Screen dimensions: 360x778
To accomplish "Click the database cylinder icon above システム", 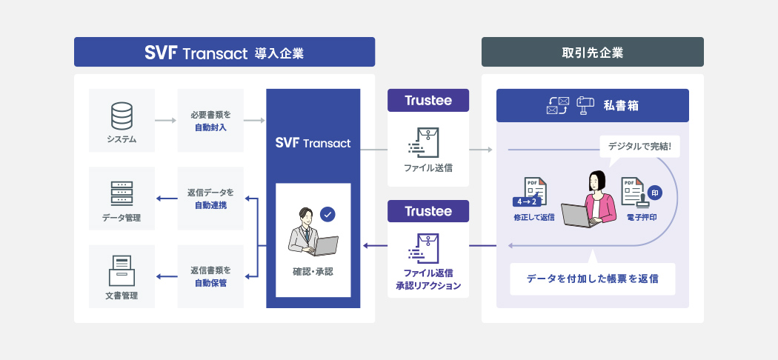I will coord(122,116).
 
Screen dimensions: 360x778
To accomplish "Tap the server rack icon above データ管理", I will coord(122,193).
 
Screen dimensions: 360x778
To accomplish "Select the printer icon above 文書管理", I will coord(122,270).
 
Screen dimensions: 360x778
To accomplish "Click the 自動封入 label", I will coord(210,127).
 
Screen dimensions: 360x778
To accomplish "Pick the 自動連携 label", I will coord(210,204).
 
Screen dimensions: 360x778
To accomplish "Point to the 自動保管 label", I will coord(210,282).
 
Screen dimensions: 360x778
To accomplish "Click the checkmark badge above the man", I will coord(328,214).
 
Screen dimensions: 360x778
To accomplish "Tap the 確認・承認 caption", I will coord(313,272).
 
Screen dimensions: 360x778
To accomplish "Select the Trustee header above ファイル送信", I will coord(428,101).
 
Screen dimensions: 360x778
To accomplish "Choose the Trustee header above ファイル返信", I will coord(428,211).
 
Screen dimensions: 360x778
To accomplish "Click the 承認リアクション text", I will coord(428,286).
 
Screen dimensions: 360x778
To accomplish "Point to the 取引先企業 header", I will coord(592,53).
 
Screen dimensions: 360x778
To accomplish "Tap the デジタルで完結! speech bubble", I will coord(639,146).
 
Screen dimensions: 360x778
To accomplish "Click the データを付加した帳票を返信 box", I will coord(592,279).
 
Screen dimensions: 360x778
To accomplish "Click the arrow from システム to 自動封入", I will coord(166,119).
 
